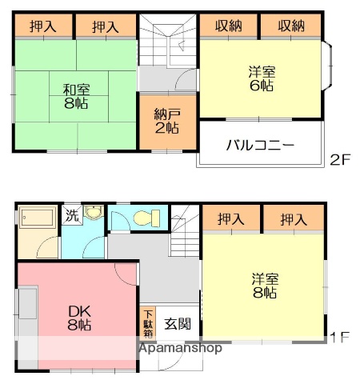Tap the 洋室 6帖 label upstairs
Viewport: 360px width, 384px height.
[261, 78]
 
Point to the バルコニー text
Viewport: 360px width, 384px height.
[259, 145]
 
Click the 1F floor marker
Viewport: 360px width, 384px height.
[340, 337]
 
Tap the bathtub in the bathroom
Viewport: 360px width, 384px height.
[35, 218]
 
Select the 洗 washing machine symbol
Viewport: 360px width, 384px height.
[72, 214]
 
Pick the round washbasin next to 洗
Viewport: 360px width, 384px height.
[94, 214]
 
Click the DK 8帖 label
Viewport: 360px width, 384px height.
[78, 318]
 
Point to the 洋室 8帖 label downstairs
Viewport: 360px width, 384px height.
[265, 286]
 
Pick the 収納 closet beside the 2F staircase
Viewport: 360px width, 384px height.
[228, 26]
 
